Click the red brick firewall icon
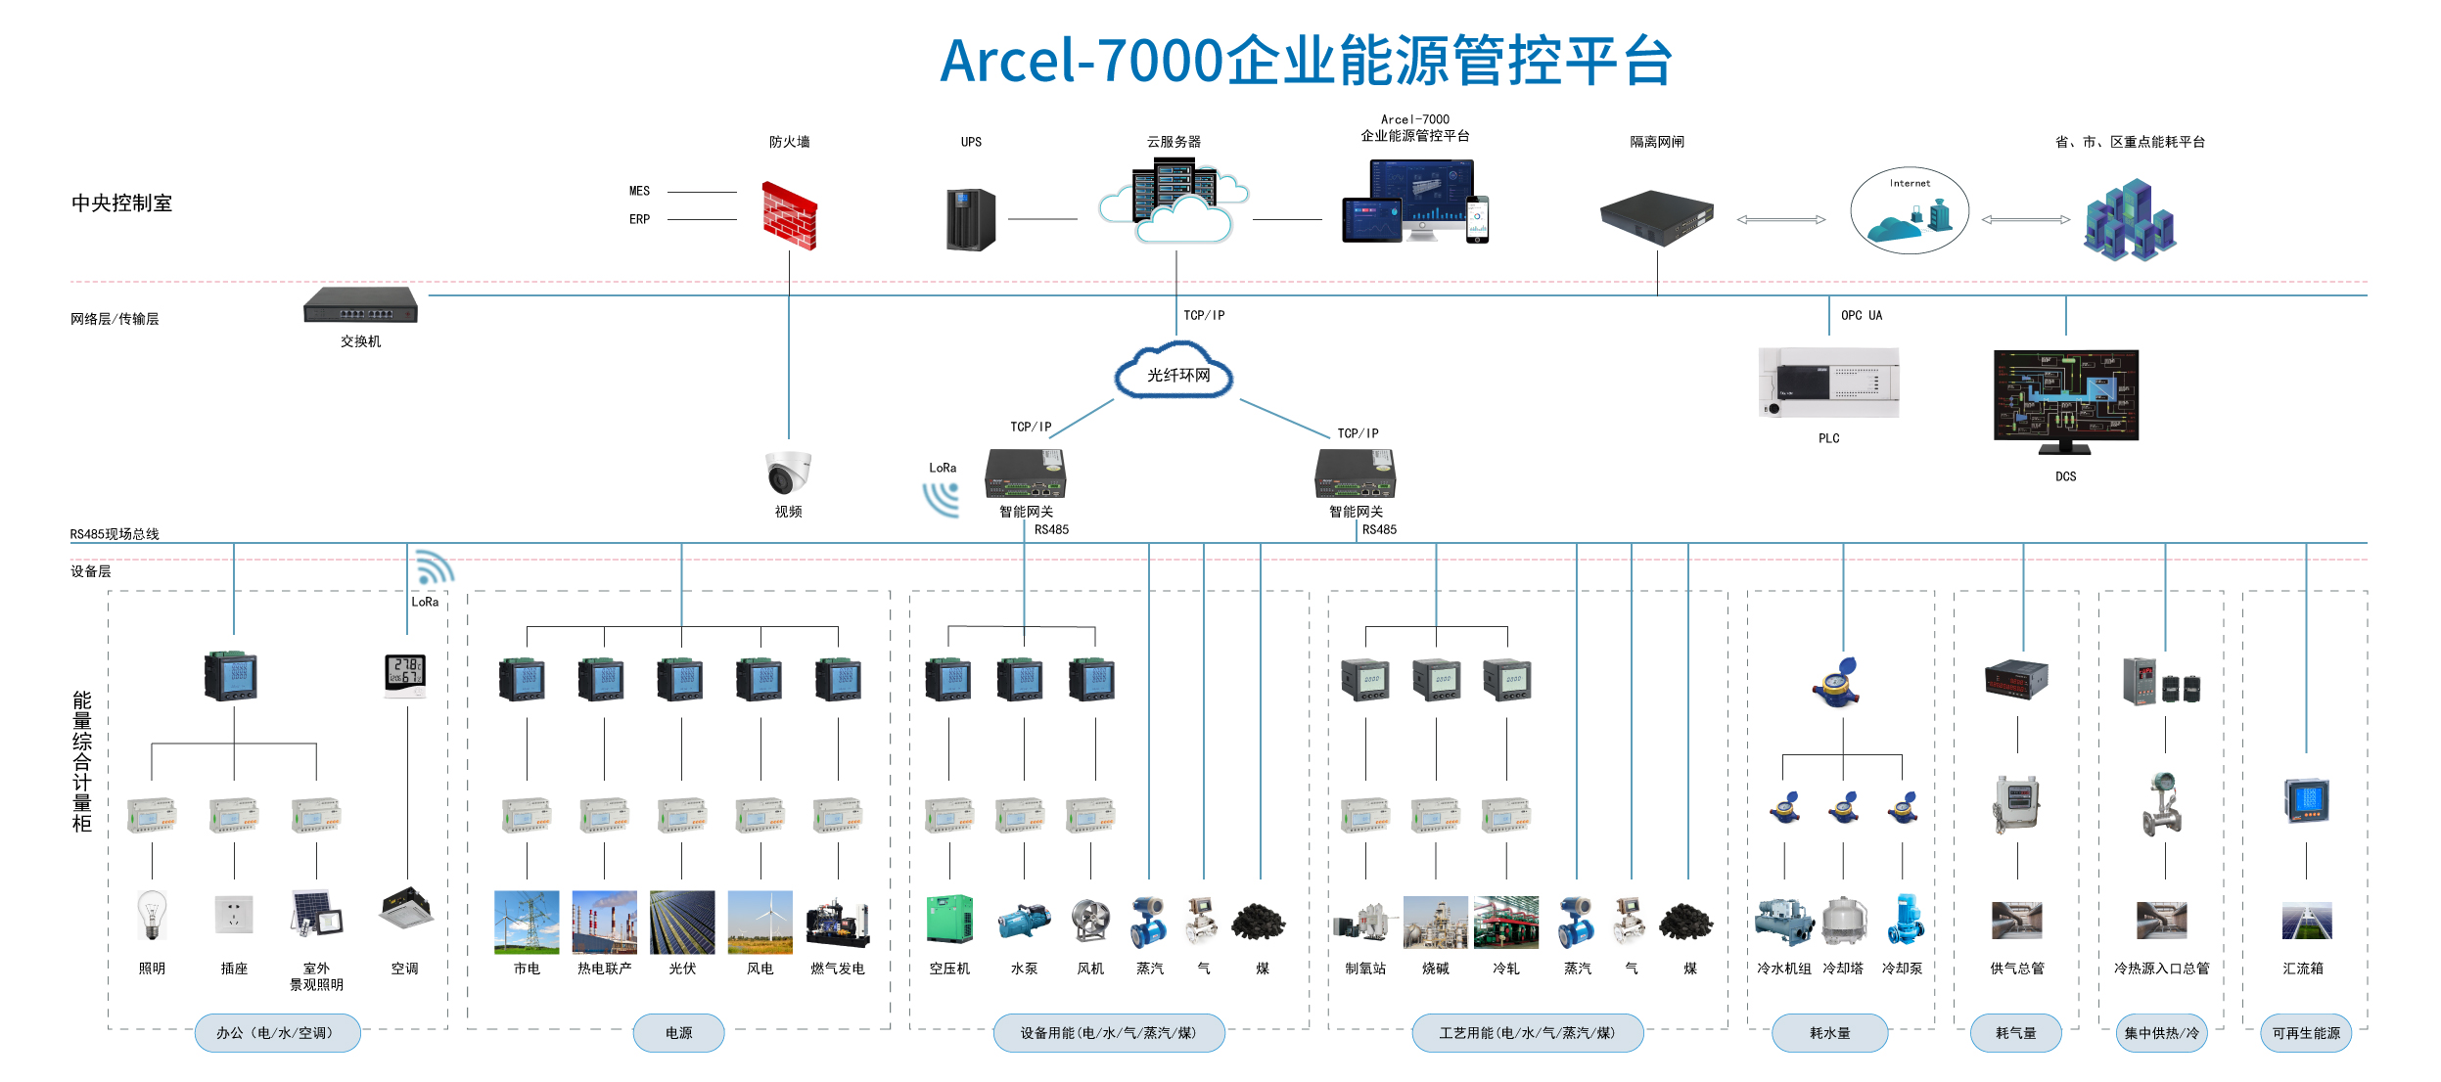(x=789, y=216)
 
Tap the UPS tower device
(x=970, y=219)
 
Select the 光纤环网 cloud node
(x=1176, y=373)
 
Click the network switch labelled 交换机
(x=360, y=304)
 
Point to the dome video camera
(x=788, y=473)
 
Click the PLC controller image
(x=1827, y=383)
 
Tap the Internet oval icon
(x=1909, y=211)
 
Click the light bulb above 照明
(x=152, y=915)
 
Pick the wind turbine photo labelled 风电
(x=760, y=922)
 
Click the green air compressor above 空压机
(x=949, y=919)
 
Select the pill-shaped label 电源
(x=678, y=1033)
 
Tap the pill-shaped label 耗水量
(x=1828, y=1033)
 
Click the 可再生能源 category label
(x=2305, y=1033)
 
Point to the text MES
(x=639, y=191)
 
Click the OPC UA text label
(x=1861, y=315)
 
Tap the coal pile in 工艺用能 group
(x=1685, y=922)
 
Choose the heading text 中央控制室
(x=122, y=203)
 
